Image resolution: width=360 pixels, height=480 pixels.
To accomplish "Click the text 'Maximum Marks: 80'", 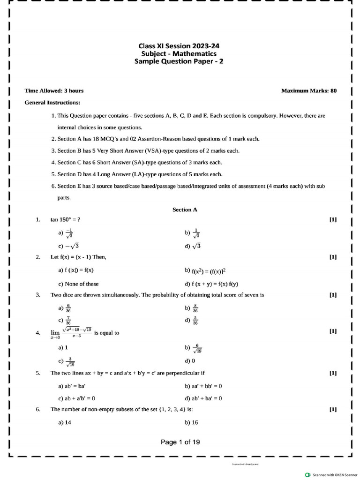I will [x=308, y=90].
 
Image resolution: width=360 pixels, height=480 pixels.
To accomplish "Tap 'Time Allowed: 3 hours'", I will [x=54, y=90].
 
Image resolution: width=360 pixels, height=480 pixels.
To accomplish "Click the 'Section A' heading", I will [x=185, y=210].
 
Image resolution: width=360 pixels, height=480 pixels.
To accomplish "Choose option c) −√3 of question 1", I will [x=68, y=246].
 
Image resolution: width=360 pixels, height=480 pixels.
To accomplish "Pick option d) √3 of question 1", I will [x=193, y=246].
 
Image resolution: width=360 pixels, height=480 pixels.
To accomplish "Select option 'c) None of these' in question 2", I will [x=78, y=284].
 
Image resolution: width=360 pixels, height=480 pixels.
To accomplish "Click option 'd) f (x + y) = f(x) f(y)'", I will [x=212, y=284].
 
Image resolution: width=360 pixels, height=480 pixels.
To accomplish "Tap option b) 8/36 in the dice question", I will [x=192, y=308].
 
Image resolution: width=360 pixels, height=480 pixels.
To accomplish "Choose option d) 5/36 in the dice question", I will [x=192, y=321].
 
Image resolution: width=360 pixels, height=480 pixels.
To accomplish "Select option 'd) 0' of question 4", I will [x=190, y=361].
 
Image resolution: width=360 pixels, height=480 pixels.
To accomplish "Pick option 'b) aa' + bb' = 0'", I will [x=203, y=386].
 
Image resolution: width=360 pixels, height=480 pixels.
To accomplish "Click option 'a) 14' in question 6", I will [x=65, y=422].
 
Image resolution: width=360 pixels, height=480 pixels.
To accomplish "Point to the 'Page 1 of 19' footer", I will [x=180, y=442].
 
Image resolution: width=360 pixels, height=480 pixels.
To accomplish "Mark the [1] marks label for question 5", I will [x=333, y=373].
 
